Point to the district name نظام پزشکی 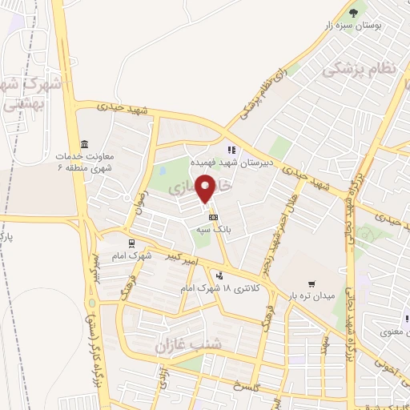pyautogui.click(x=360, y=70)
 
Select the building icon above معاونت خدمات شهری pyautogui.click(x=84, y=141)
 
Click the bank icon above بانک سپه pyautogui.click(x=213, y=217)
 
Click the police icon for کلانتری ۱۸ pyautogui.click(x=219, y=275)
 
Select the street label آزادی pyautogui.click(x=163, y=376)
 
